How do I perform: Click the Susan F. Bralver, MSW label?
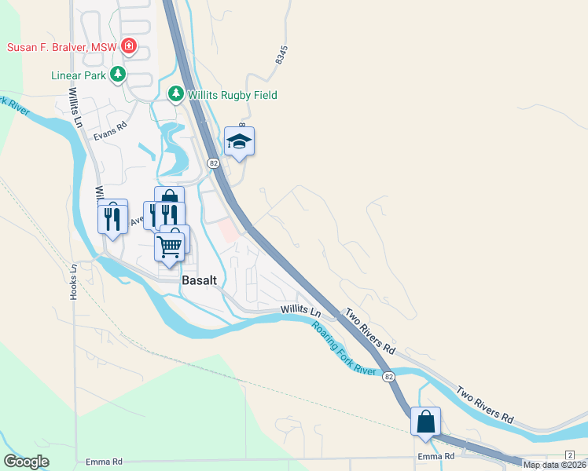61,47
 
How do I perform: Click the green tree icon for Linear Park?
118,75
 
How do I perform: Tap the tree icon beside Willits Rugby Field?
177,95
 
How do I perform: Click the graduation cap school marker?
239,142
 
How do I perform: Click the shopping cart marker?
169,246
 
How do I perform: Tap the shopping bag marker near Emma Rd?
425,422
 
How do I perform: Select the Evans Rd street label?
110,130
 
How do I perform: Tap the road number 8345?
282,56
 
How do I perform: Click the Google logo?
27,462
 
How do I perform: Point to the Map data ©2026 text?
553,465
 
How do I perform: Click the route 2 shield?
569,455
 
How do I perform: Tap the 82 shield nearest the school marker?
214,162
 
